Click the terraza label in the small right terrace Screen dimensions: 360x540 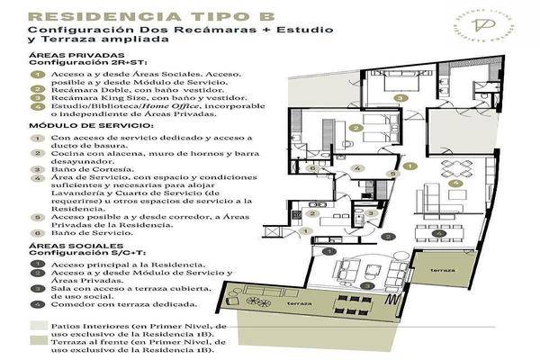[441, 269]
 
